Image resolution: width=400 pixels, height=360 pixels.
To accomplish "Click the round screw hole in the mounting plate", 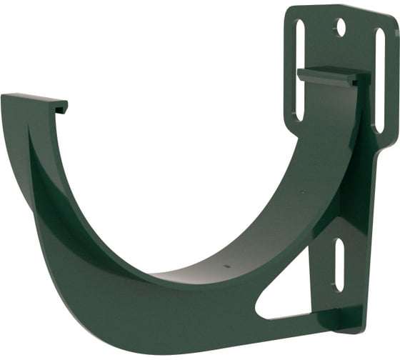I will pos(341,28).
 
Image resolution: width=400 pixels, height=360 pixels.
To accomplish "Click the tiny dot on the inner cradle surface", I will pos(226,265).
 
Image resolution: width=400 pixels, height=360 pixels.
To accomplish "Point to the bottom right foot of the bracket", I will pos(351,324).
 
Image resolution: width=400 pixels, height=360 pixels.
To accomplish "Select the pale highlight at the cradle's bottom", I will pos(179,274).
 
